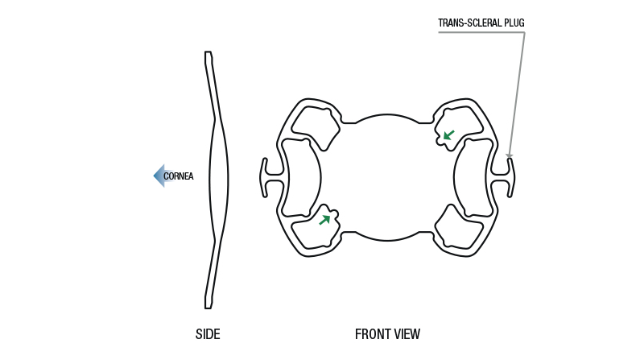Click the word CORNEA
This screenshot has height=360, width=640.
(178, 176)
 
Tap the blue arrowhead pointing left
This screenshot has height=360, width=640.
(159, 176)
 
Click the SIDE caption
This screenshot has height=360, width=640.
(208, 334)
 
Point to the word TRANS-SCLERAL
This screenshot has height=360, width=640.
(469, 23)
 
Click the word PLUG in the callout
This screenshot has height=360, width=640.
(514, 23)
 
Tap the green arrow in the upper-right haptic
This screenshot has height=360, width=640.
(449, 135)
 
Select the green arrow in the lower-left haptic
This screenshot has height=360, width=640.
(324, 220)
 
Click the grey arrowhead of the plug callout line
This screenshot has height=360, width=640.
(509, 156)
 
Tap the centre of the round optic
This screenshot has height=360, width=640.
(388, 178)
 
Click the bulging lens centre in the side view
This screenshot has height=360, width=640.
(219, 178)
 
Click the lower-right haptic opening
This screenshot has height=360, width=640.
(458, 228)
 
